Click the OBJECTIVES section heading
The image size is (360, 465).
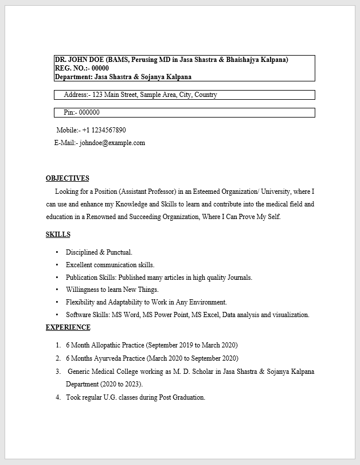click(x=67, y=178)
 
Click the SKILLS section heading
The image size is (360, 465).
click(x=58, y=235)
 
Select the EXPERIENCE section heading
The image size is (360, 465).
click(x=68, y=327)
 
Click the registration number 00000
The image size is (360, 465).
click(x=100, y=68)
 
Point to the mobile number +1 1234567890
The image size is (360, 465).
click(x=104, y=130)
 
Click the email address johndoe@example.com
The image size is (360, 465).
click(x=112, y=143)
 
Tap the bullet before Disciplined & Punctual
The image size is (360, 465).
click(x=57, y=252)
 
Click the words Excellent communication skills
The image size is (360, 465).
click(x=110, y=265)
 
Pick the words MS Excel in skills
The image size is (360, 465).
click(x=205, y=315)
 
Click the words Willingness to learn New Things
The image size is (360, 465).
click(x=112, y=290)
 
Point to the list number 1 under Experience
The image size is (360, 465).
click(x=58, y=345)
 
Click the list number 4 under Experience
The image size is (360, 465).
click(x=58, y=397)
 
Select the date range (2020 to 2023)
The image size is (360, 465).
click(x=121, y=384)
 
